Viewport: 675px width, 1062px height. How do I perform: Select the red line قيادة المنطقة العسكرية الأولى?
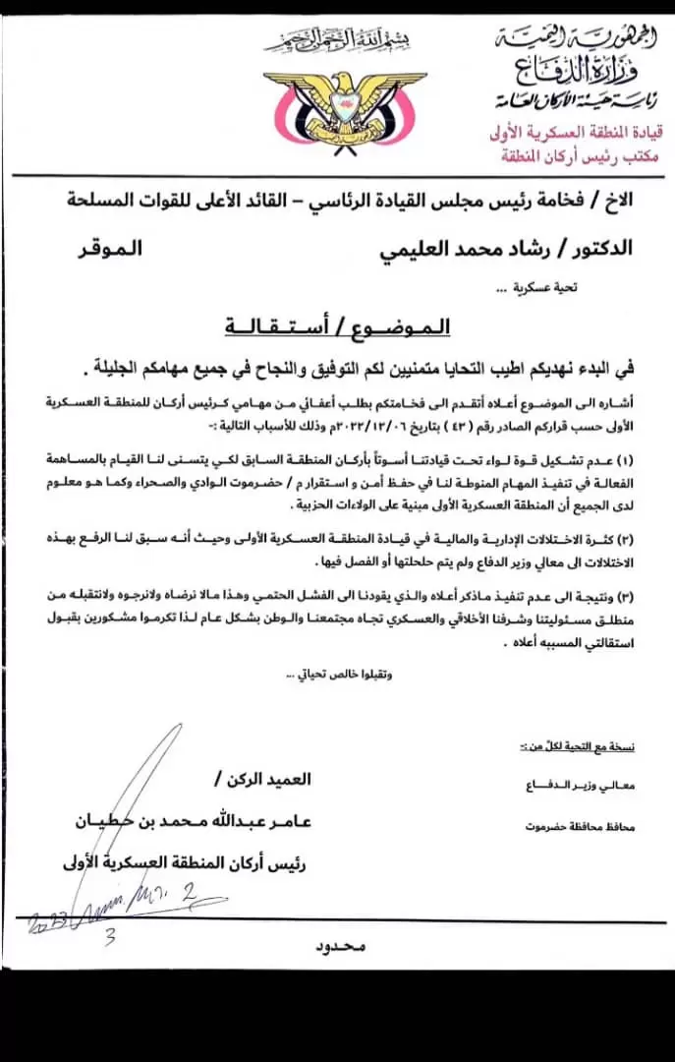pos(575,131)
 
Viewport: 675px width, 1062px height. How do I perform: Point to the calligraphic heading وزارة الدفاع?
pos(572,68)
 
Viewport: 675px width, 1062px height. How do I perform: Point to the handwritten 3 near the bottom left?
pos(110,936)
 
